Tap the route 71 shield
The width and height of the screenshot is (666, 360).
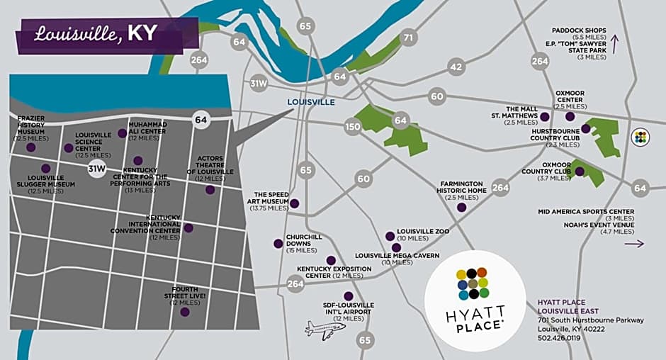(408, 38)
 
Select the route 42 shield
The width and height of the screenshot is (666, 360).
(456, 67)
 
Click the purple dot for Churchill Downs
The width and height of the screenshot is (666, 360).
(278, 244)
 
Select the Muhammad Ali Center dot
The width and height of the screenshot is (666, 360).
(123, 133)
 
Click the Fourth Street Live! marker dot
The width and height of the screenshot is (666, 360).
(185, 312)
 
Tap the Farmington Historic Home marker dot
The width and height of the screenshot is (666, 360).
(462, 208)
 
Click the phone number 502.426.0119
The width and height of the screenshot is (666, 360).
(559, 338)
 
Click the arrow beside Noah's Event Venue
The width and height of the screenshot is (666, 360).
(635, 244)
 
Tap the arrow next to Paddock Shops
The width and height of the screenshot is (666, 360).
(615, 45)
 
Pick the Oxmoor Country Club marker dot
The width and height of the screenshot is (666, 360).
(580, 171)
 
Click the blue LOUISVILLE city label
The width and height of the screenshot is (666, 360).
(311, 102)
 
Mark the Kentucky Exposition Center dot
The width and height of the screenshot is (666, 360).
(331, 260)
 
